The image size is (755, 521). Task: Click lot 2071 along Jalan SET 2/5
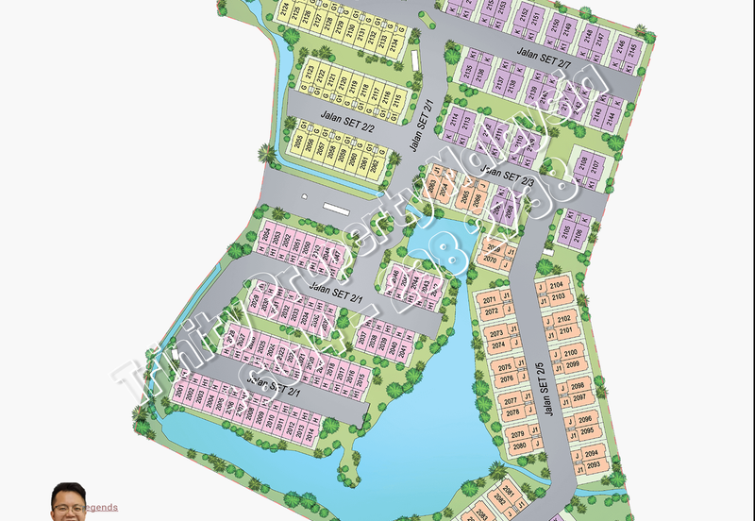pos(489,300)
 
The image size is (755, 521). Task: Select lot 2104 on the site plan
pos(557,285)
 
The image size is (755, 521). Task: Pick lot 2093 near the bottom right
pos(593,465)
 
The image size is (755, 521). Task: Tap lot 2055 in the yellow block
pos(299,143)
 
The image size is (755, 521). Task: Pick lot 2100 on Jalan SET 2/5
pos(570,353)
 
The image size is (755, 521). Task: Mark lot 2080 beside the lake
pos(518,445)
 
